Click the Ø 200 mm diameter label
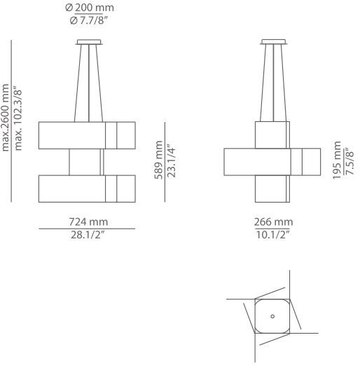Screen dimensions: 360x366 90,8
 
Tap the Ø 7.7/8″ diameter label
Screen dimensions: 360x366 89,20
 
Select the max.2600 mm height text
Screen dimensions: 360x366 5,118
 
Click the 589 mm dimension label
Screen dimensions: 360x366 159,160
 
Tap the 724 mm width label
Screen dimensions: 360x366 88,222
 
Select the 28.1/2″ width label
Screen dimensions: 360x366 89,235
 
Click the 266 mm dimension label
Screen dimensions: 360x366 273,222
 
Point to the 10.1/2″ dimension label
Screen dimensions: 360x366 272,235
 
